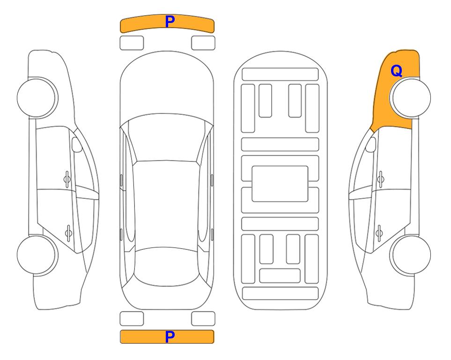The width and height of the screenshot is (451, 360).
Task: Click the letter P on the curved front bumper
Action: tap(170, 22)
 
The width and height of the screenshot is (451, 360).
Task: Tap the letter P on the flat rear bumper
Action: tap(170, 337)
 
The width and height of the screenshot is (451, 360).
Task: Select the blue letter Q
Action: tap(396, 71)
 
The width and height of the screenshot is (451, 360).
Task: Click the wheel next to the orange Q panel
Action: tap(410, 97)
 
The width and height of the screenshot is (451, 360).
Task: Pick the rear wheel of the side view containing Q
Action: tap(410, 255)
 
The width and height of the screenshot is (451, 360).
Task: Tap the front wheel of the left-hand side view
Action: tap(37, 97)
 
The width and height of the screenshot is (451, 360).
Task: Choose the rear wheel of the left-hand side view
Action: tap(37, 255)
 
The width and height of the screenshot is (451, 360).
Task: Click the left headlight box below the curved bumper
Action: tap(132, 43)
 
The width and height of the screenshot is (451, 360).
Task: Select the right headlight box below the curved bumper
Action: tap(203, 43)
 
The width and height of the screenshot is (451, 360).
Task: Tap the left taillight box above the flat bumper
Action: tap(132, 319)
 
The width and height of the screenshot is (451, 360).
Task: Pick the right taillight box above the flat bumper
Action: tap(203, 319)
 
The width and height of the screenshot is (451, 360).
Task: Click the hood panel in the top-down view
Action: tap(167, 86)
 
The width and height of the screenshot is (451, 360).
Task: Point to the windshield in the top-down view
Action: tap(166, 138)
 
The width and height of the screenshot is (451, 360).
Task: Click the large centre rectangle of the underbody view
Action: tap(280, 184)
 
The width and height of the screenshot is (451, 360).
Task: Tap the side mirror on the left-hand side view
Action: tap(76, 144)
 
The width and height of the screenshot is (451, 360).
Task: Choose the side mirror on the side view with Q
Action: tap(370, 144)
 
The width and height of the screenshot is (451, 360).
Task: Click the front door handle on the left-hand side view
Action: tap(67, 179)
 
